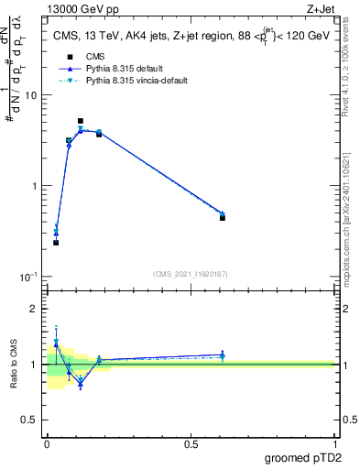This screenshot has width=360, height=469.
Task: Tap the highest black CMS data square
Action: [x=81, y=121]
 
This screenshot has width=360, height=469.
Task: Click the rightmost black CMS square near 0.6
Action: [x=223, y=218]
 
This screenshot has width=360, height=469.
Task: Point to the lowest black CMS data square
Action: [x=56, y=243]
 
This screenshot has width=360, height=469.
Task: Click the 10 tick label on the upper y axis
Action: [x=29, y=96]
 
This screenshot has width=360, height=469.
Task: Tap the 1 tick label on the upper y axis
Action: [x=33, y=186]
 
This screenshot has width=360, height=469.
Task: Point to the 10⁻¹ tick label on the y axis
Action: [x=27, y=276]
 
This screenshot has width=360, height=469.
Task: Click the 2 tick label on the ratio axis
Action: [x=33, y=309]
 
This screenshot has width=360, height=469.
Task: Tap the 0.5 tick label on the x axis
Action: [x=191, y=443]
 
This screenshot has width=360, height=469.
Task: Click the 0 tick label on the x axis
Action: [x=47, y=443]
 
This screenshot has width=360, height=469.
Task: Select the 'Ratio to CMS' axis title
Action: [x=13, y=364]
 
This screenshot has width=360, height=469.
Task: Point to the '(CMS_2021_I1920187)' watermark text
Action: [x=191, y=273]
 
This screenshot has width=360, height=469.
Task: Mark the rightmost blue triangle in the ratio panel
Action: [x=223, y=354]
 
